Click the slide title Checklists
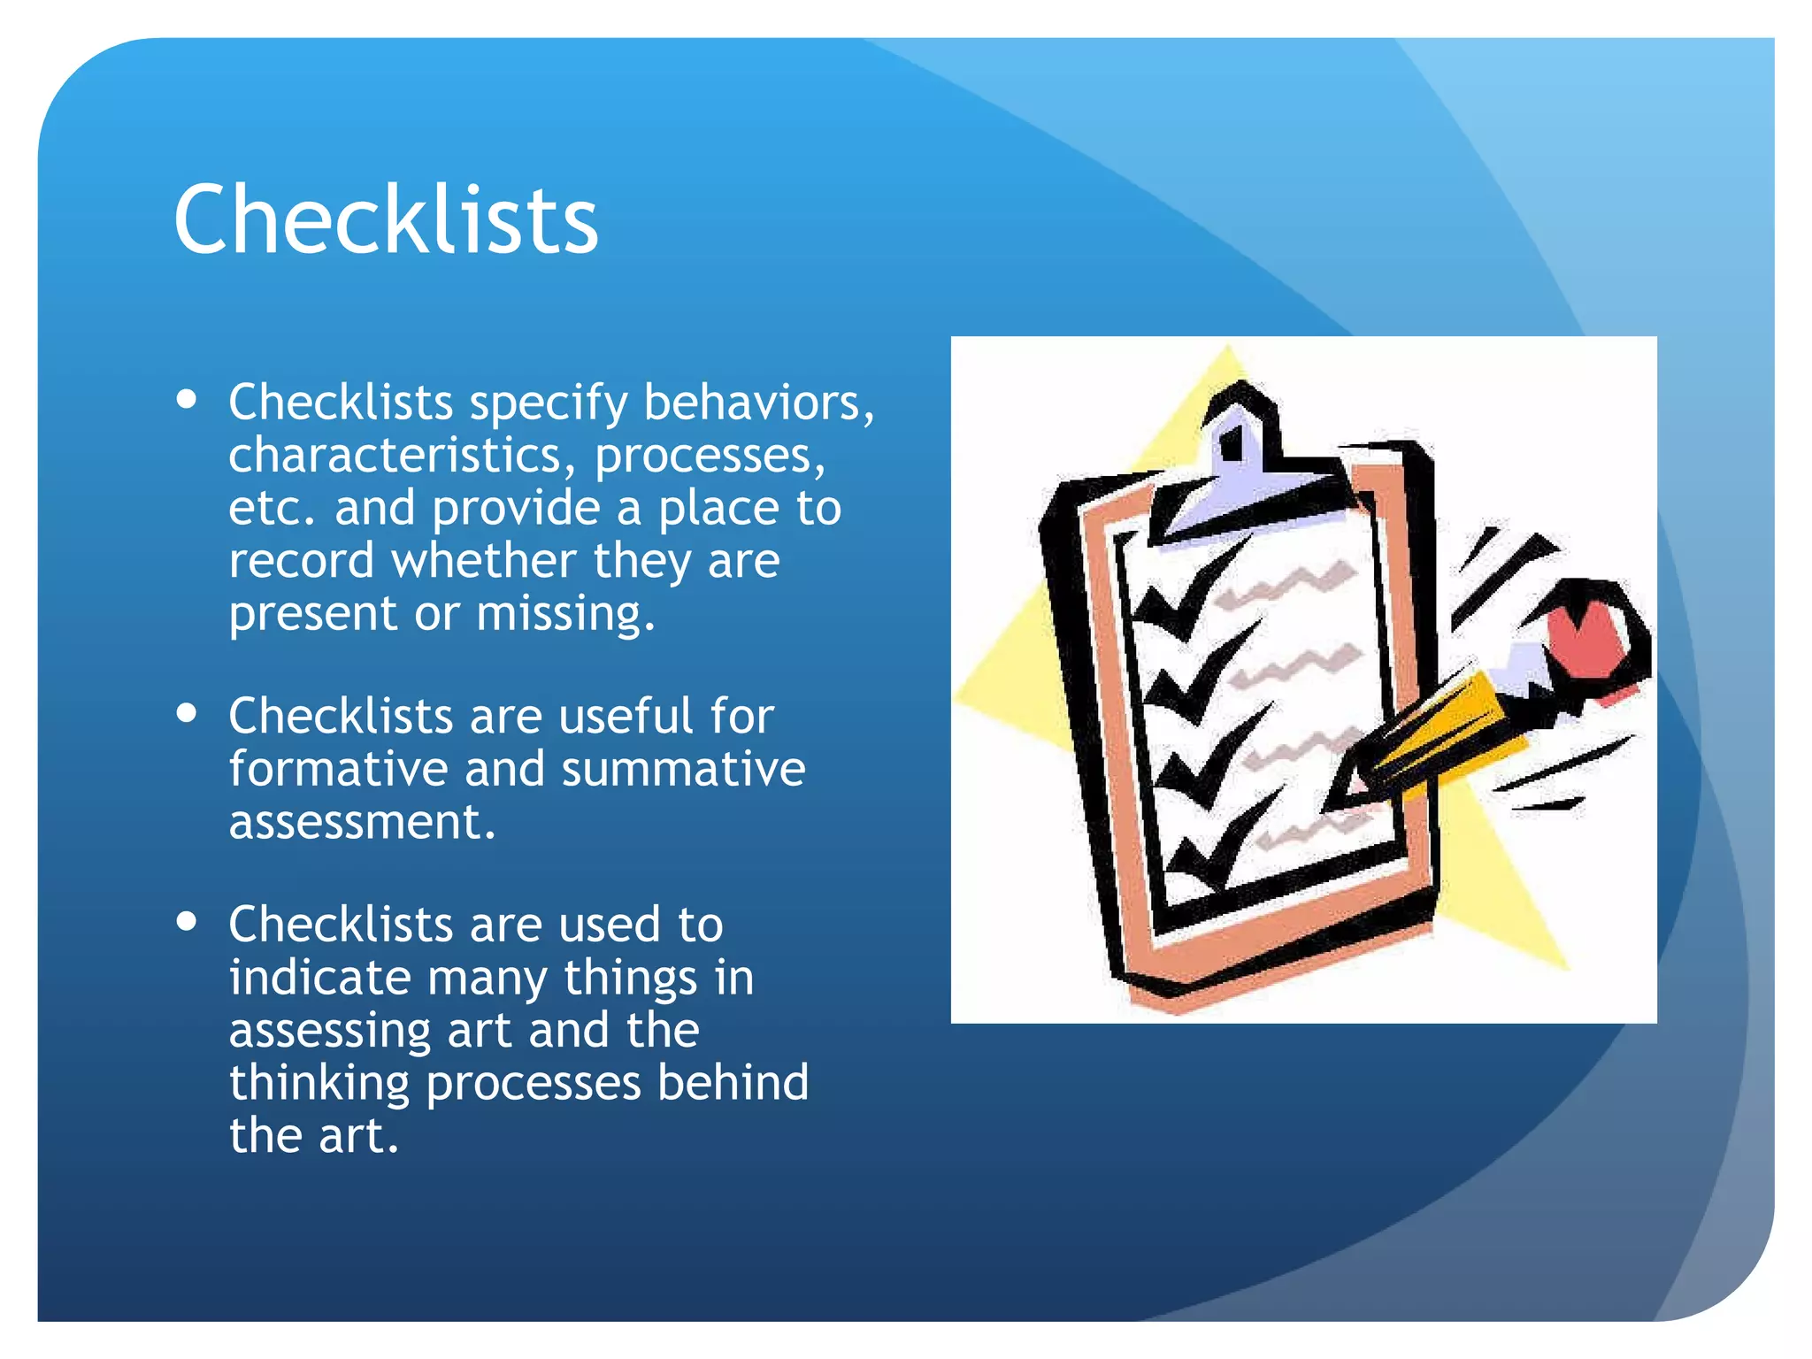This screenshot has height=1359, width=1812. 386,219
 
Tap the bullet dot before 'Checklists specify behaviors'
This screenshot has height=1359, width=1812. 186,398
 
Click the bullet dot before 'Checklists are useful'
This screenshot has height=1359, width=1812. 186,712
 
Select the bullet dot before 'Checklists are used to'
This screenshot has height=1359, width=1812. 186,921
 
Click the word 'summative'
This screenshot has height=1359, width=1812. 683,768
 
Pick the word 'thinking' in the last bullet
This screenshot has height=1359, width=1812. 319,1083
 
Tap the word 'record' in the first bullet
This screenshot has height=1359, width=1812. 301,561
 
